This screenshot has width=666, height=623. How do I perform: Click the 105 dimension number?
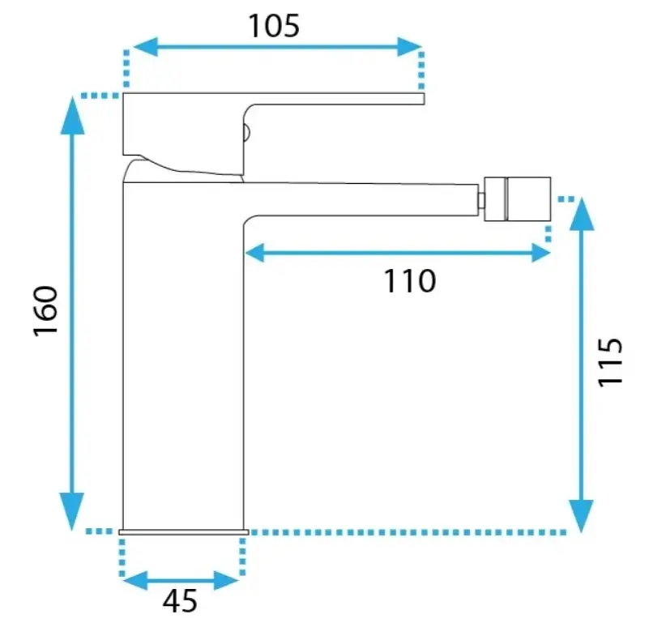[x=274, y=26]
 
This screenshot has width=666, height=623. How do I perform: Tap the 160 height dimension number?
[x=46, y=311]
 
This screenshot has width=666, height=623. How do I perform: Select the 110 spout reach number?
[x=410, y=281]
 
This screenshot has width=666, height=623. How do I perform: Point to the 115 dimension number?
[x=610, y=362]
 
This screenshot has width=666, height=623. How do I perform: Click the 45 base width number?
[x=180, y=601]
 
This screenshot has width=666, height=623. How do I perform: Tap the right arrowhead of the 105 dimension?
[x=409, y=47]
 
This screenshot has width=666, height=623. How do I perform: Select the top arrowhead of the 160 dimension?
[x=72, y=115]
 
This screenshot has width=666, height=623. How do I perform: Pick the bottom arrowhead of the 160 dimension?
[x=72, y=511]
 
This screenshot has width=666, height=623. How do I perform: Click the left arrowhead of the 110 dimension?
[x=255, y=253]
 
